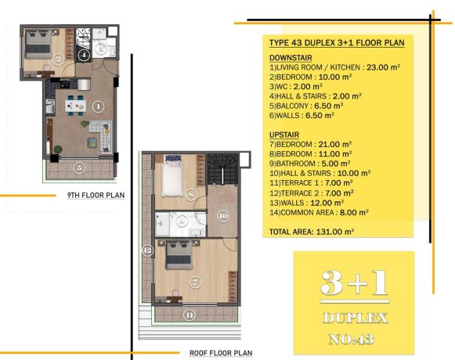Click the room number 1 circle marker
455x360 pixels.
(98, 106)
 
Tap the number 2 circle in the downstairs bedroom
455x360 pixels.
(58, 59)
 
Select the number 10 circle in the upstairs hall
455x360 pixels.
(223, 216)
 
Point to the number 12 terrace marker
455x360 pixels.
(147, 250)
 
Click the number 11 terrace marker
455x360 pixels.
(190, 315)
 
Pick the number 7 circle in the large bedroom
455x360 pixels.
(195, 282)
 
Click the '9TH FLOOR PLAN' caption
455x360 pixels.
(96, 195)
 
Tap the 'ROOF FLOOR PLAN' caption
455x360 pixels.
(221, 353)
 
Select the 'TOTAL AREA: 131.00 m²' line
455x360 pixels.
(312, 232)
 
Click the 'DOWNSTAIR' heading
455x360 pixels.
(291, 58)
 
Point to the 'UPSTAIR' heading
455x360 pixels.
(284, 135)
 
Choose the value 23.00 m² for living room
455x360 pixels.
(383, 67)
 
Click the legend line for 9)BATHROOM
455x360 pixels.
(309, 164)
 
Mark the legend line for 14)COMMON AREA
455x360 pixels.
(319, 212)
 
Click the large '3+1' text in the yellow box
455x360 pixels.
(355, 283)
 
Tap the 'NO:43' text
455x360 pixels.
(351, 339)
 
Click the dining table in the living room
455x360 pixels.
(75, 106)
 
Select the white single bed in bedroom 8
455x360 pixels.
(172, 179)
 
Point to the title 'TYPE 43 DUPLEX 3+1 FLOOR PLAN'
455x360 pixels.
(337, 42)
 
